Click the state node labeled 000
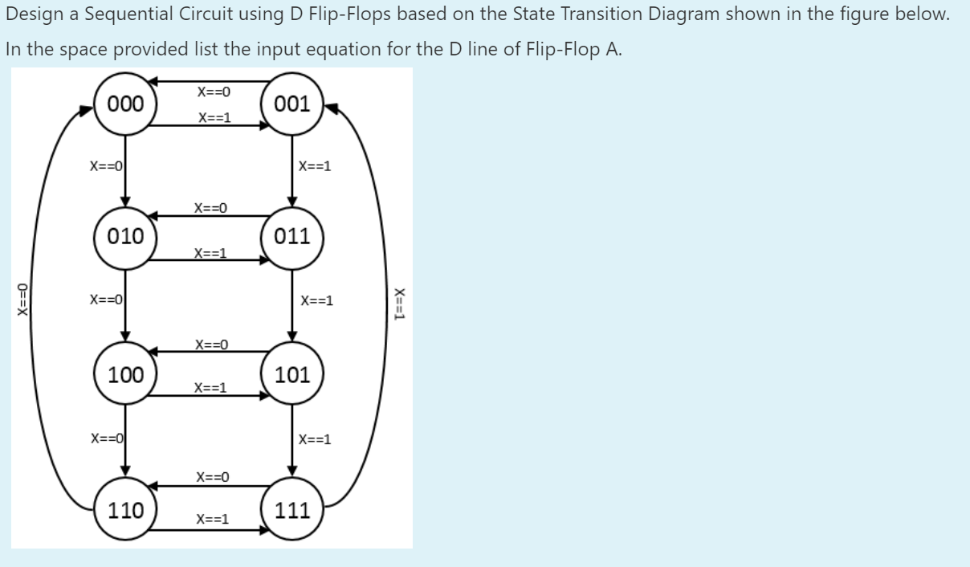tap(126, 104)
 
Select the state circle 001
tap(291, 104)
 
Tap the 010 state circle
tap(126, 236)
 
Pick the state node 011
tap(291, 236)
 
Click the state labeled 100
tap(126, 374)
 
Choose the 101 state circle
tap(291, 374)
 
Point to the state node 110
tap(126, 510)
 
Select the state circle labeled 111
tap(291, 510)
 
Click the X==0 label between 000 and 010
tap(105, 167)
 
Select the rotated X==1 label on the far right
tap(399, 304)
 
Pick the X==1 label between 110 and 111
tap(213, 519)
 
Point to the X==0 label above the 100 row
tap(211, 345)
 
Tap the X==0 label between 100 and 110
tap(105, 439)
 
